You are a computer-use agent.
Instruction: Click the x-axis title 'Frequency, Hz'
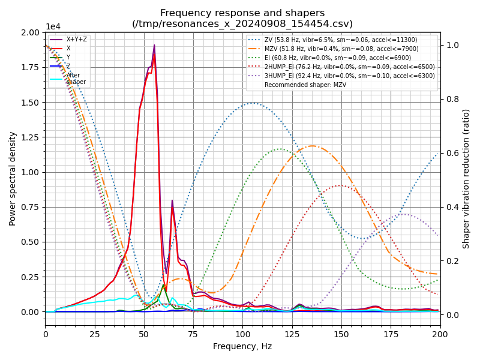click(242, 346)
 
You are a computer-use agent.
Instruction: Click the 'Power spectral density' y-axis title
click(13, 178)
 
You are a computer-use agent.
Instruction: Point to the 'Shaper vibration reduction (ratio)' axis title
click(466, 178)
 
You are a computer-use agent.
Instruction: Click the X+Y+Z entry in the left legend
click(76, 39)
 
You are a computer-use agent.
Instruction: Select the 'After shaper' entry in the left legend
click(76, 79)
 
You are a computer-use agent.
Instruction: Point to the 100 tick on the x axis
click(242, 334)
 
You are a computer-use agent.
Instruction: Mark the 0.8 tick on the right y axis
click(451, 99)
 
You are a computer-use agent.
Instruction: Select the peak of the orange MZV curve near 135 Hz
click(312, 146)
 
